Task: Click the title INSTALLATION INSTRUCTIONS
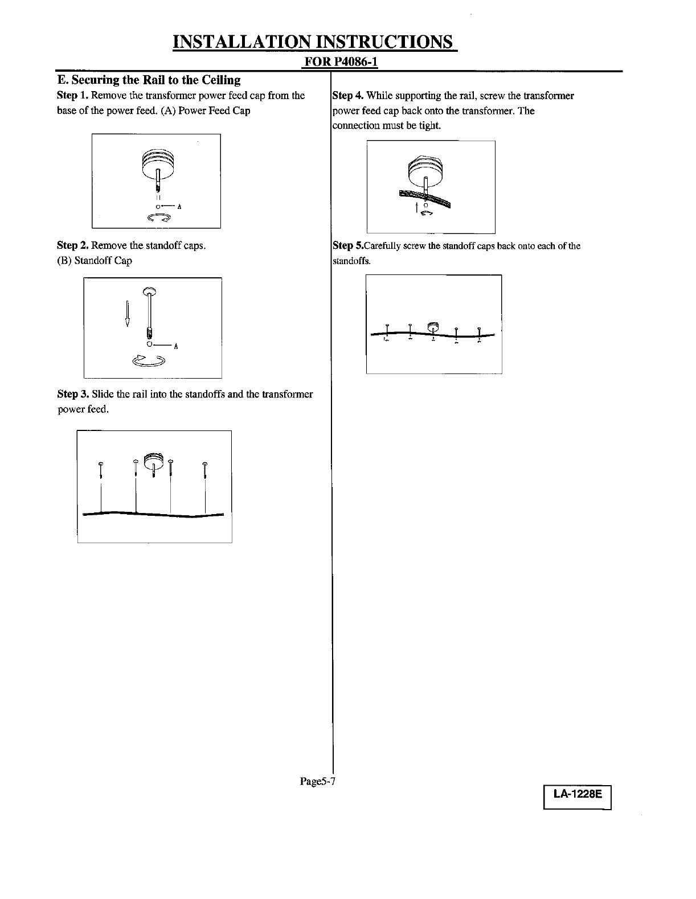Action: pos(314,42)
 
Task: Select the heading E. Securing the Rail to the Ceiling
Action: pos(148,80)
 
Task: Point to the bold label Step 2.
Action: pos(72,245)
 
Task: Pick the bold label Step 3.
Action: pos(72,394)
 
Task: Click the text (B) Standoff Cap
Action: pos(95,260)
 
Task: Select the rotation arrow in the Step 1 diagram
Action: pos(159,217)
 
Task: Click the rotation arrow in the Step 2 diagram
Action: pos(148,360)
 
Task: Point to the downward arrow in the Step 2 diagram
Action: pos(128,313)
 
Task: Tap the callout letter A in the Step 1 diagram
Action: pos(179,207)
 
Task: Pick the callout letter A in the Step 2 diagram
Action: pos(176,346)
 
